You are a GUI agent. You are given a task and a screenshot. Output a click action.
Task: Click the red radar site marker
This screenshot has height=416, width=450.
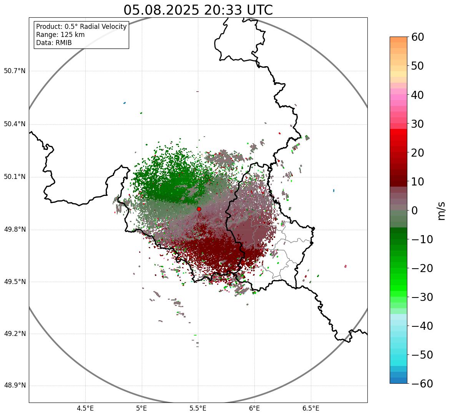point(199,209)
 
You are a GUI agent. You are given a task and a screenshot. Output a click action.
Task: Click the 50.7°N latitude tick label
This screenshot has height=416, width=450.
point(15,71)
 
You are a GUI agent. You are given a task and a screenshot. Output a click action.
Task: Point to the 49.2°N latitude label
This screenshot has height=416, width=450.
point(15,334)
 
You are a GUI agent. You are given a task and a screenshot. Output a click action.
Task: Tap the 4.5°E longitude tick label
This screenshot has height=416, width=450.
point(85,408)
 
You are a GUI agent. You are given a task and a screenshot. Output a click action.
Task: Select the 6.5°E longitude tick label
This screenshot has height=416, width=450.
point(311,408)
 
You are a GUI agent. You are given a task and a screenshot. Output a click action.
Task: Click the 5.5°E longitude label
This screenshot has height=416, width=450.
point(198,408)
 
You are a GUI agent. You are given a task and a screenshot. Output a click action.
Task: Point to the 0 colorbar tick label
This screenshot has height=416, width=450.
point(415,211)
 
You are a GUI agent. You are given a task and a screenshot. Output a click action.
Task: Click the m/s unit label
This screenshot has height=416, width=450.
point(442,211)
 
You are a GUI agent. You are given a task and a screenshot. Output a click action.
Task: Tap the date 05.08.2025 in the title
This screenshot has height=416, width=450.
point(161,10)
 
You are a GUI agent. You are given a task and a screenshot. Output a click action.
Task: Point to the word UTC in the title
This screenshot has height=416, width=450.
point(259,10)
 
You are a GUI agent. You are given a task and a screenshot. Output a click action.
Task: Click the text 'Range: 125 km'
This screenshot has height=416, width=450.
point(60,35)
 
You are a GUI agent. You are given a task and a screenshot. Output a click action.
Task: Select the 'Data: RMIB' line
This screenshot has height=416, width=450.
point(54,43)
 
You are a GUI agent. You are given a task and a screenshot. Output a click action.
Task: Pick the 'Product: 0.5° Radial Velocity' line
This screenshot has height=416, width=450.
point(81,27)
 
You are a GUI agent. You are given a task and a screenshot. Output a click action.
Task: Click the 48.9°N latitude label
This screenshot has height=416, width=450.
point(15,386)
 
